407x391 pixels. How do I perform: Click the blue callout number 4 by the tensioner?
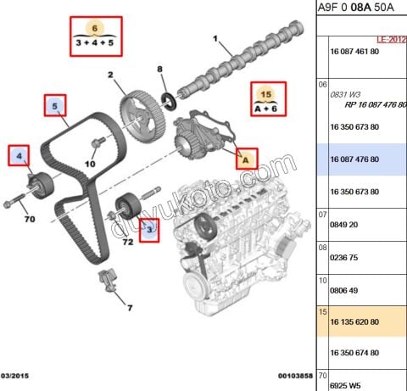pyautogui.click(x=20, y=155)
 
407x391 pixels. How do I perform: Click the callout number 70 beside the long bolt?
pyautogui.click(x=28, y=221)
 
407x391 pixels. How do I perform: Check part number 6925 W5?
pyautogui.click(x=346, y=383)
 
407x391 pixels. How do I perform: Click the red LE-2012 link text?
pyautogui.click(x=391, y=40)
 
